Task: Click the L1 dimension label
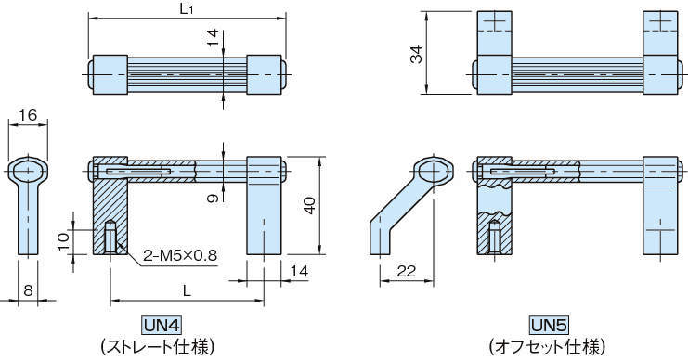coord(187,9)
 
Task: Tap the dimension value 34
coord(416,55)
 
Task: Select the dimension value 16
coord(28,115)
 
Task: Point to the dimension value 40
coord(310,205)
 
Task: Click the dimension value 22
coord(406,271)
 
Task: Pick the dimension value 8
coord(28,289)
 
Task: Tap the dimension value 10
coord(64,241)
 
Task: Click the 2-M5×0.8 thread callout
coord(180,255)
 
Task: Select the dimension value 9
coord(213,198)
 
